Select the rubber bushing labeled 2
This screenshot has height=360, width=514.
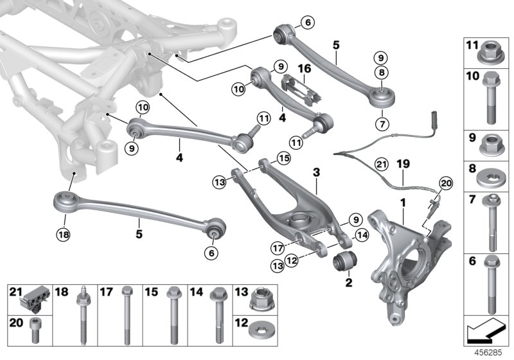tap(346, 262)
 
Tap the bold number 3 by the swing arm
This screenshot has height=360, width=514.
tap(316, 173)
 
